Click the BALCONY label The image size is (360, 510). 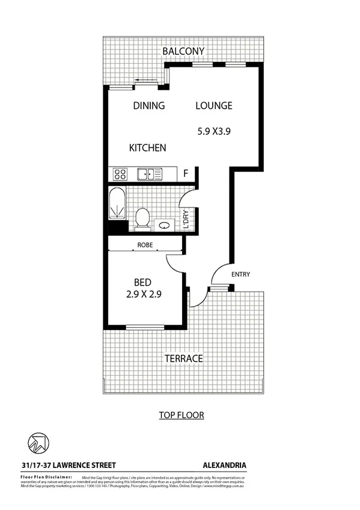pyautogui.click(x=183, y=52)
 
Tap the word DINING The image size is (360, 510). pyautogui.click(x=148, y=106)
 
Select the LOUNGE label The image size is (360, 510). pyautogui.click(x=214, y=106)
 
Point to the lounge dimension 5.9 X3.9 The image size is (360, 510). pyautogui.click(x=215, y=130)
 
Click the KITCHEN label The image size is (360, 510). pyautogui.click(x=148, y=147)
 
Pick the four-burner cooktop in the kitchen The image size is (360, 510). pyautogui.click(x=120, y=174)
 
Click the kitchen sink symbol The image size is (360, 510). pyautogui.click(x=149, y=174)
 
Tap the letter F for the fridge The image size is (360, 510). pyautogui.click(x=186, y=174)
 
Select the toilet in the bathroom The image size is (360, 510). pyautogui.click(x=143, y=218)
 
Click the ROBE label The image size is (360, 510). pyautogui.click(x=145, y=245)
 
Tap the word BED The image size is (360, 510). pyautogui.click(x=142, y=283)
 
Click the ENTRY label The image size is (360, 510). pyautogui.click(x=240, y=275)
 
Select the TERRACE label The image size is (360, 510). pyautogui.click(x=183, y=358)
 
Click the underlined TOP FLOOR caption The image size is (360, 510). pyautogui.click(x=182, y=414)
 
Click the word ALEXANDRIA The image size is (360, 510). pyautogui.click(x=225, y=465)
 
